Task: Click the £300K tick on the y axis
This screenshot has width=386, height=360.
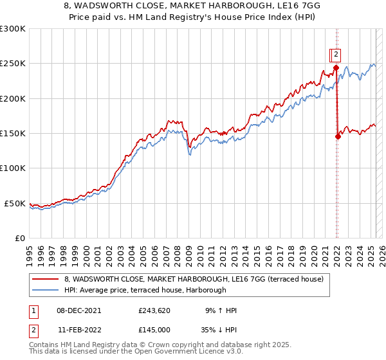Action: (12, 29)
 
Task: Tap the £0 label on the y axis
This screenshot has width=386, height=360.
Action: (21, 238)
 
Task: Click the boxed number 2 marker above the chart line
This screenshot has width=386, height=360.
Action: (336, 55)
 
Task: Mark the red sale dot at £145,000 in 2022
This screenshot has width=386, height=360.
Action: (338, 136)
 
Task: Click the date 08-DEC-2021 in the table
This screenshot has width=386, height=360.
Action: (78, 311)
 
